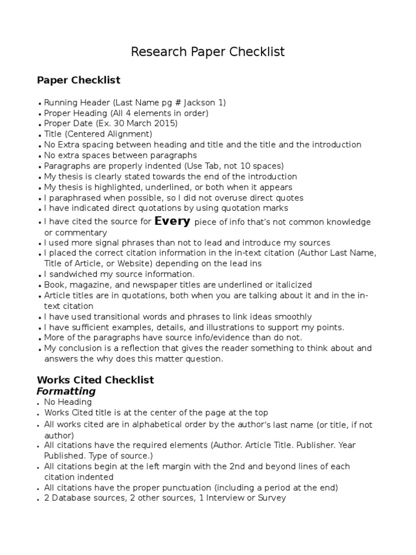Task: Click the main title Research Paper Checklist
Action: [208, 52]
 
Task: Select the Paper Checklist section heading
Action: [79, 80]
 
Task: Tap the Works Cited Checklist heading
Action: [95, 380]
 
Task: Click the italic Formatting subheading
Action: [66, 391]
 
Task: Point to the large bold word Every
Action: [172, 221]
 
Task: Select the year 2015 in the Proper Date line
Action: [166, 124]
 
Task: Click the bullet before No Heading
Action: [40, 403]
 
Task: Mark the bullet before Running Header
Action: [40, 104]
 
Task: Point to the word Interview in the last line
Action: [225, 498]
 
